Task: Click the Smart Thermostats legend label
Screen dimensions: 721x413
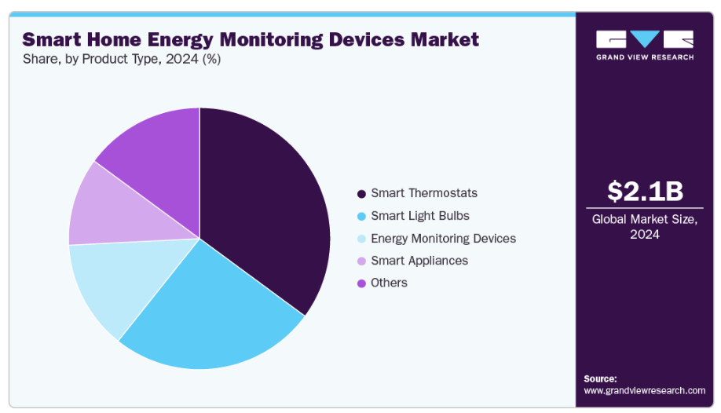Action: (424, 193)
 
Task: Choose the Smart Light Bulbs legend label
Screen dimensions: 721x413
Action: (420, 216)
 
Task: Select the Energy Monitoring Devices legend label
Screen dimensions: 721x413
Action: (443, 238)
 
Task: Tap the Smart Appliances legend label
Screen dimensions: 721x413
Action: (419, 261)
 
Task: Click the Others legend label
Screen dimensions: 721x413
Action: (389, 283)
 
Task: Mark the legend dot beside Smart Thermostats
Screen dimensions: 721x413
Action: (361, 194)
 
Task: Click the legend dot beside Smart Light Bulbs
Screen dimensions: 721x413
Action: (361, 216)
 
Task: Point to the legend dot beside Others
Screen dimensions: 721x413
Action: (361, 283)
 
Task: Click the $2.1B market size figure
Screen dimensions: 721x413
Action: (645, 191)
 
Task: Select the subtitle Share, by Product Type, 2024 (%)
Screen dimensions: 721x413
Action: (122, 60)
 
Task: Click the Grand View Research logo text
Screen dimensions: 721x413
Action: (645, 57)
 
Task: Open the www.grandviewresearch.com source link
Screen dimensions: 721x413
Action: (645, 390)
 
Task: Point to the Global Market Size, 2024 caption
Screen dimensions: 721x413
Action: (645, 227)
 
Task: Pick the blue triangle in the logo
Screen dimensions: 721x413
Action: (645, 37)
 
